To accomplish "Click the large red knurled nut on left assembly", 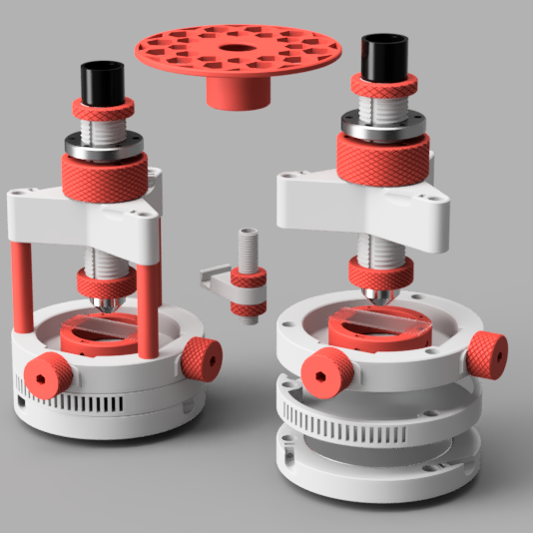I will click(x=109, y=179).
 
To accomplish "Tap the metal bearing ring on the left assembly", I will click(x=104, y=144).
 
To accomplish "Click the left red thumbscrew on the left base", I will click(x=44, y=376).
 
